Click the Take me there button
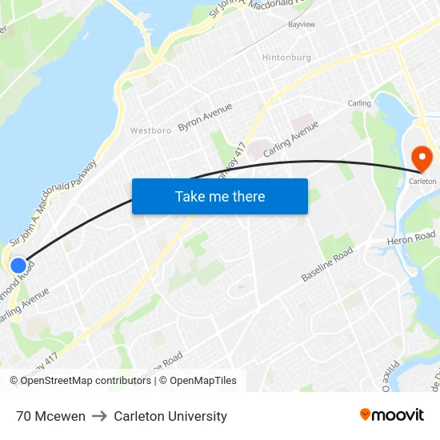[219, 196]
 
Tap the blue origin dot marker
[18, 265]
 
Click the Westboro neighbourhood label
[150, 130]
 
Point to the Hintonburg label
[286, 58]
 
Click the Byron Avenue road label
[205, 117]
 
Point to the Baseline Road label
[327, 265]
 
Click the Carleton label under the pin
[423, 182]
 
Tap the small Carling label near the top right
[359, 103]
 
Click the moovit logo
[392, 414]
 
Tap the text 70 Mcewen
[50, 416]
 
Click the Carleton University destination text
[170, 416]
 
